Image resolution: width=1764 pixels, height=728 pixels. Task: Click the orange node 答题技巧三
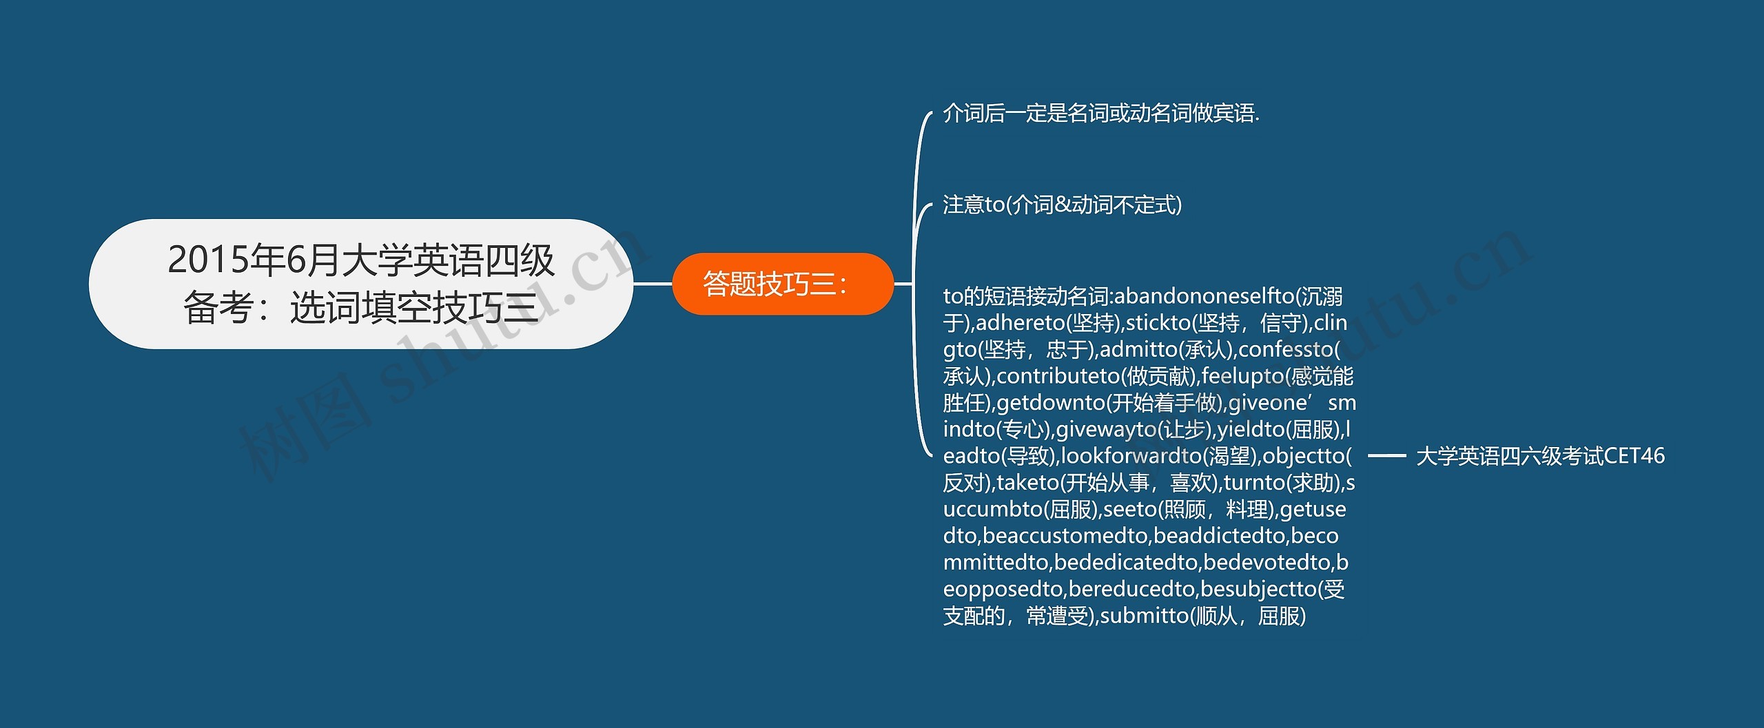782,284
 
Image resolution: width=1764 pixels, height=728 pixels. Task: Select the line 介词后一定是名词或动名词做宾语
1100,113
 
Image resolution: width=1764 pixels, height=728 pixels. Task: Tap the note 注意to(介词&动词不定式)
1062,205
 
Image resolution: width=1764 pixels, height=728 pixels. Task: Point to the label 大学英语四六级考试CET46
1540,456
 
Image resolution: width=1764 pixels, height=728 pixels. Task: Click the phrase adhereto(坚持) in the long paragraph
1047,323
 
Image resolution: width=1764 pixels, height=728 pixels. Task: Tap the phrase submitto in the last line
1144,616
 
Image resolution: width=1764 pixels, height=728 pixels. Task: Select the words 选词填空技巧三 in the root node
413,308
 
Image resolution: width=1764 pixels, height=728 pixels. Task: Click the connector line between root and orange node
652,284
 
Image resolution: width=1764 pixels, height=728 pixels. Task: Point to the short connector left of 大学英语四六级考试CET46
1386,456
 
